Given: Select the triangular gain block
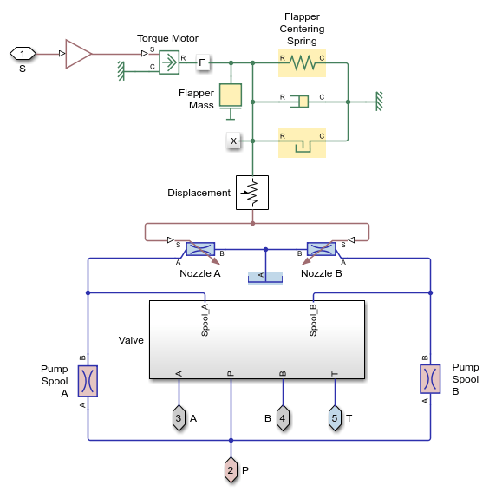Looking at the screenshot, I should (x=77, y=54).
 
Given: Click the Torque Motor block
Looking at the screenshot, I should (x=168, y=61).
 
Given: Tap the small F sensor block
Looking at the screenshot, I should (x=202, y=62).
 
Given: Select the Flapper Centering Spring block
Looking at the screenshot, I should (x=302, y=62).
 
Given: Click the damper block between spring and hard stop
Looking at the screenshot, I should (x=302, y=102).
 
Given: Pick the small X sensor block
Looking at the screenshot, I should (x=232, y=141).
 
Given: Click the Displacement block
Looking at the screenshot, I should (x=252, y=193).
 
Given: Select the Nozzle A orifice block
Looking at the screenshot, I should (x=200, y=249).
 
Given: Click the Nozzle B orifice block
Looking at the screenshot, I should (x=322, y=249).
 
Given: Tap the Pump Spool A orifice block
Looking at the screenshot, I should (x=88, y=380).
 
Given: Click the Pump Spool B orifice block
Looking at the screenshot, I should (x=430, y=380).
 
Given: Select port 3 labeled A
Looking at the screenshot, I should (x=179, y=418).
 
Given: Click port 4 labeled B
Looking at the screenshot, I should (x=283, y=418).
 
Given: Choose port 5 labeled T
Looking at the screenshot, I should (x=335, y=418).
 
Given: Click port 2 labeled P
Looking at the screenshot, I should (x=231, y=469).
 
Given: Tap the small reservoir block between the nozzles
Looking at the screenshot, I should (x=265, y=277).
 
